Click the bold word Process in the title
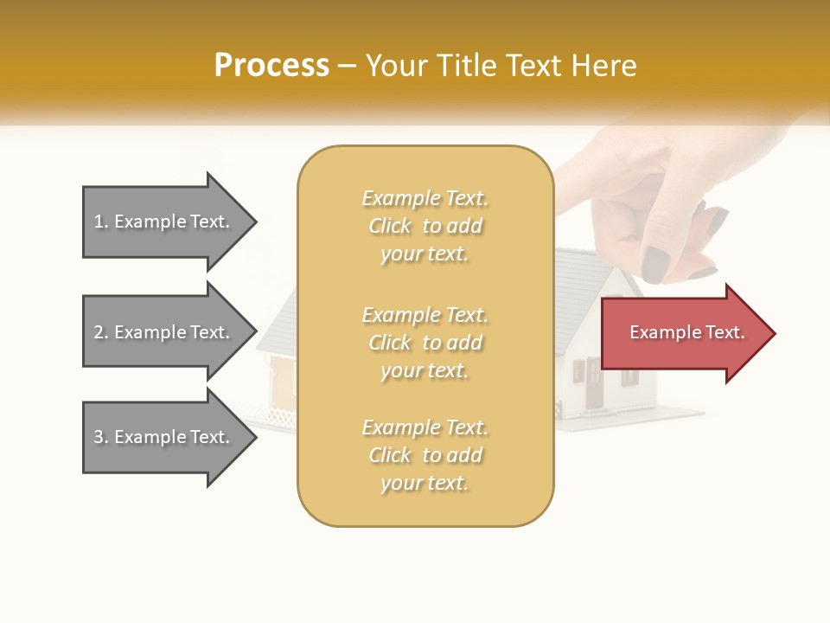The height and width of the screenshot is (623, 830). [271, 66]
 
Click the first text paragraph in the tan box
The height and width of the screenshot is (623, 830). [425, 226]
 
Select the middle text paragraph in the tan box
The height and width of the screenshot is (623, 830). [425, 343]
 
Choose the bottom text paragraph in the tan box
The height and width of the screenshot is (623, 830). [425, 455]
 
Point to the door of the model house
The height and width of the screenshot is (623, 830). [594, 385]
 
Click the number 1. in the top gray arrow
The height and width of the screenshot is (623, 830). [101, 222]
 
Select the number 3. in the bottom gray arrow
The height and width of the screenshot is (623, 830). [101, 437]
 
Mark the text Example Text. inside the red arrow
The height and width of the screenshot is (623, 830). [687, 332]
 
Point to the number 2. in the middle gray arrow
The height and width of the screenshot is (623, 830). [101, 332]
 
